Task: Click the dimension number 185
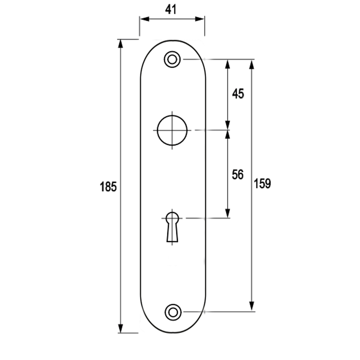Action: tap(108, 187)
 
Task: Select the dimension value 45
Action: tap(237, 94)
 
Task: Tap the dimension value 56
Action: tap(237, 175)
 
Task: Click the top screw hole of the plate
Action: tap(172, 59)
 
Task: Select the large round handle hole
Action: tap(172, 130)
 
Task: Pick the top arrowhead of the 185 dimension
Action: tap(121, 44)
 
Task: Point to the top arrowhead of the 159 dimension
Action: tap(252, 64)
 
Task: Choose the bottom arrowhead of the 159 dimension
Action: tap(252, 306)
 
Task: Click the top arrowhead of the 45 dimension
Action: tap(228, 64)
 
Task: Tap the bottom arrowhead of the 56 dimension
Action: tap(228, 213)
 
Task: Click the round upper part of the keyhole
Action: tap(172, 218)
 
